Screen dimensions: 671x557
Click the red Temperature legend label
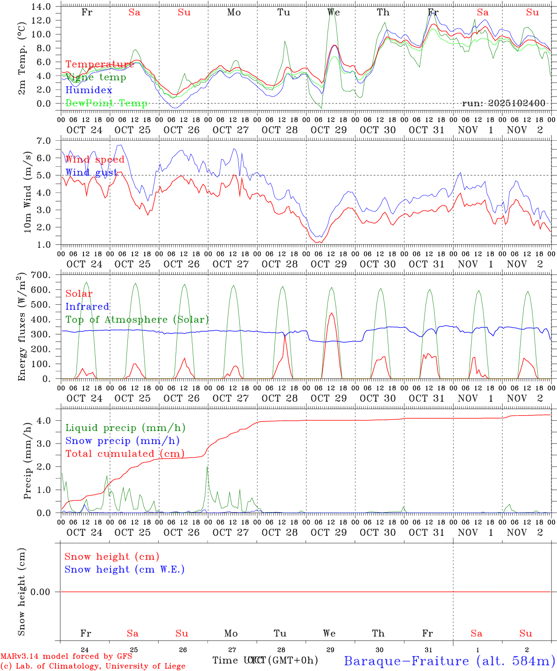point(99,64)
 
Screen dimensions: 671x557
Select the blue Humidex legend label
point(89,90)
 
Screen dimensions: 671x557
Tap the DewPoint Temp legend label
point(106,103)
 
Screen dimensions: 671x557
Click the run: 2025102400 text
point(503,103)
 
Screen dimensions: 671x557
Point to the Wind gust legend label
point(91,172)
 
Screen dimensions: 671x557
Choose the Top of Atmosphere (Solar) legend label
point(137,320)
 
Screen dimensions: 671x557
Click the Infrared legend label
point(87,307)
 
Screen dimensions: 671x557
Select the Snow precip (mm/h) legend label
point(122,441)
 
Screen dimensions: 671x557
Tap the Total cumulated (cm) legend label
point(125,454)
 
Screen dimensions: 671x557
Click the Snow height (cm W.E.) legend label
point(125,569)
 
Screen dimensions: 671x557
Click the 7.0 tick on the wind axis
point(46,141)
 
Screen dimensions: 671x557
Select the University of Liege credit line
point(93,666)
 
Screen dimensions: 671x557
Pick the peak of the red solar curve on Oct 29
point(331,313)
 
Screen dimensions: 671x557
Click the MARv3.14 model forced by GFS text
point(66,657)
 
